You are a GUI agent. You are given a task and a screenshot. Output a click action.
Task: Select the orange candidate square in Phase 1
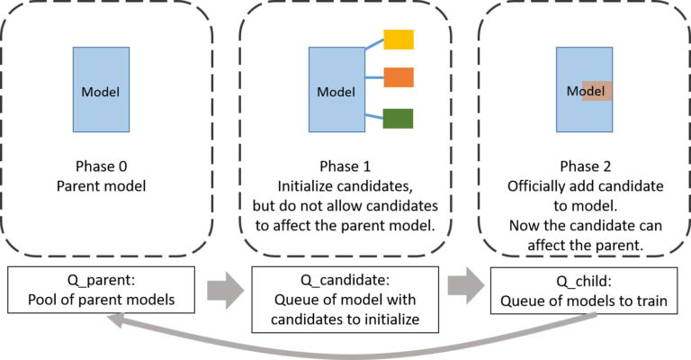coord(399,78)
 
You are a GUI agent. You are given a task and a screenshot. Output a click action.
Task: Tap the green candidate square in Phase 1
coord(399,117)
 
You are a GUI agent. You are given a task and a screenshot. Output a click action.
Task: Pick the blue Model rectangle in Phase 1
coord(336,92)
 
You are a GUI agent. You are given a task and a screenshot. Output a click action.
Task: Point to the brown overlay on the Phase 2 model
coord(597,91)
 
